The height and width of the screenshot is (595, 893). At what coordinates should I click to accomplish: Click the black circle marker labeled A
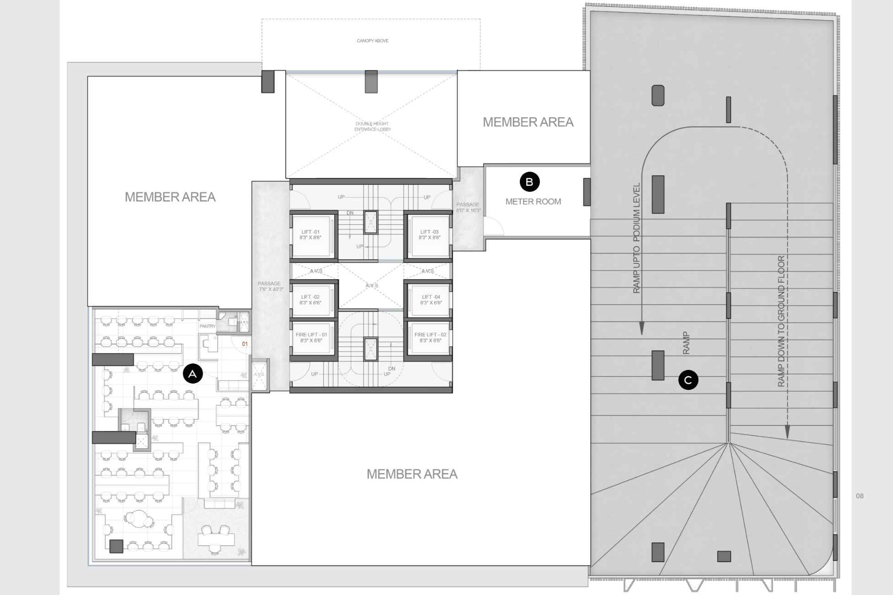click(193, 374)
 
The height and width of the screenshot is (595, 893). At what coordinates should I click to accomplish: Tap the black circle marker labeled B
click(529, 182)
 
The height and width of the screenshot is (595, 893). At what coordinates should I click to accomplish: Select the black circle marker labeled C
click(688, 380)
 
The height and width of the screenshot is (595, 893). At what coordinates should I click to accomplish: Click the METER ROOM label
click(533, 201)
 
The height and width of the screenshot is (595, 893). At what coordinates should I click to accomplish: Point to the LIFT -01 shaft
click(311, 235)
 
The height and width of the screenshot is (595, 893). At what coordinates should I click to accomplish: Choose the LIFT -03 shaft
click(429, 235)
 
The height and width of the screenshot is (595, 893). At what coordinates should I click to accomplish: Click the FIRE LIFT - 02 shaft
click(430, 338)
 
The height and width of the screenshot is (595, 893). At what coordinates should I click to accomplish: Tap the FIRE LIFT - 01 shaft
click(311, 338)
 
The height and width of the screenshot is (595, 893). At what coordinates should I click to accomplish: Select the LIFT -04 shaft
click(430, 300)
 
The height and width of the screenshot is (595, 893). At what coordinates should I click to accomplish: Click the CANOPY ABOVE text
click(372, 41)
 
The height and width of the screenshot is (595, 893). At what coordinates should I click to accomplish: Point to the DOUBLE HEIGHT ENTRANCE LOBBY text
click(372, 126)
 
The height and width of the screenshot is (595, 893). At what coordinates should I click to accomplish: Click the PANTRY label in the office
click(207, 326)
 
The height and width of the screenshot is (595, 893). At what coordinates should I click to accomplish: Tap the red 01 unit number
click(245, 344)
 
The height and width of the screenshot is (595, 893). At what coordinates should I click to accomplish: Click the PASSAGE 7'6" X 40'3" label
click(270, 286)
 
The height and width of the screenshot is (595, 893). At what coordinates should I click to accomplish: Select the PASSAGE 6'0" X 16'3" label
click(468, 207)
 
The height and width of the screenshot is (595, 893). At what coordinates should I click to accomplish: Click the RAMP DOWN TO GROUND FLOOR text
click(781, 321)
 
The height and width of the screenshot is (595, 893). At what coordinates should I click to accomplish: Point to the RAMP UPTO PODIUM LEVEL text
click(637, 237)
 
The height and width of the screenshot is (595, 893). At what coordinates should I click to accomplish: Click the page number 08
click(860, 496)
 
